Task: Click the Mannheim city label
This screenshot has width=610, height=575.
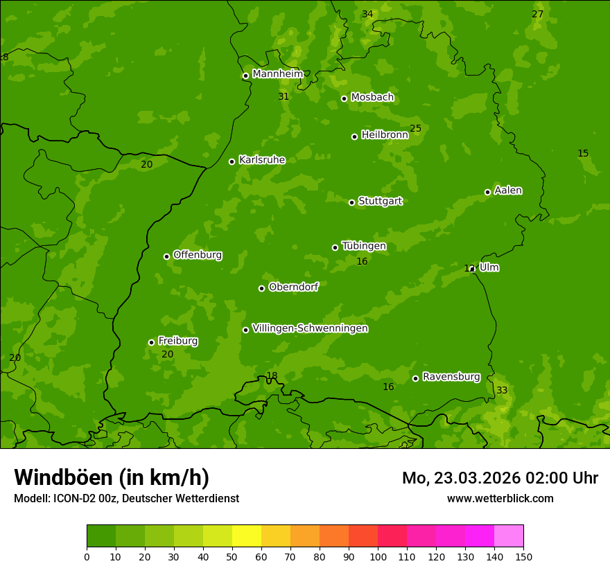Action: click(x=278, y=74)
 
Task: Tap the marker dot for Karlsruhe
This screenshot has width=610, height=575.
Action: click(x=232, y=161)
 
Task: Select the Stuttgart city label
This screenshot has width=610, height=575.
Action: click(x=380, y=202)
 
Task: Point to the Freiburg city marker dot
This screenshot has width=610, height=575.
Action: click(x=151, y=342)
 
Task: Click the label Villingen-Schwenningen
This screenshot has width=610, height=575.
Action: click(x=310, y=328)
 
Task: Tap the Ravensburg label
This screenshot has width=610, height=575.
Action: click(x=451, y=377)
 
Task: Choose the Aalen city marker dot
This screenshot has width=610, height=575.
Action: click(x=487, y=192)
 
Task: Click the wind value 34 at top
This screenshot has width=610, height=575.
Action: click(x=367, y=15)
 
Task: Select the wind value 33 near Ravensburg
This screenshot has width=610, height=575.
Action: click(x=502, y=391)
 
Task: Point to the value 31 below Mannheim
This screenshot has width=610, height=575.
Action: click(x=284, y=97)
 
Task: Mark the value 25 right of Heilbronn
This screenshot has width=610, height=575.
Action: click(x=415, y=129)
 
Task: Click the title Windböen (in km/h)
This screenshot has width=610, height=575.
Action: click(x=112, y=477)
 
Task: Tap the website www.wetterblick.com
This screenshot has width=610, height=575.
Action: click(x=500, y=498)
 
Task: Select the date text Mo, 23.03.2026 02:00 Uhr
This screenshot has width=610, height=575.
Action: click(x=500, y=478)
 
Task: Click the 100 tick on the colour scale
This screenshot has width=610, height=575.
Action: click(x=378, y=556)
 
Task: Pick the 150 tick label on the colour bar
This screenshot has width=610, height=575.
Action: click(x=523, y=556)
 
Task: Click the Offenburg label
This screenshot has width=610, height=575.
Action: click(x=198, y=255)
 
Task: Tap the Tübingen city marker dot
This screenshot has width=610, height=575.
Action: click(x=335, y=247)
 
